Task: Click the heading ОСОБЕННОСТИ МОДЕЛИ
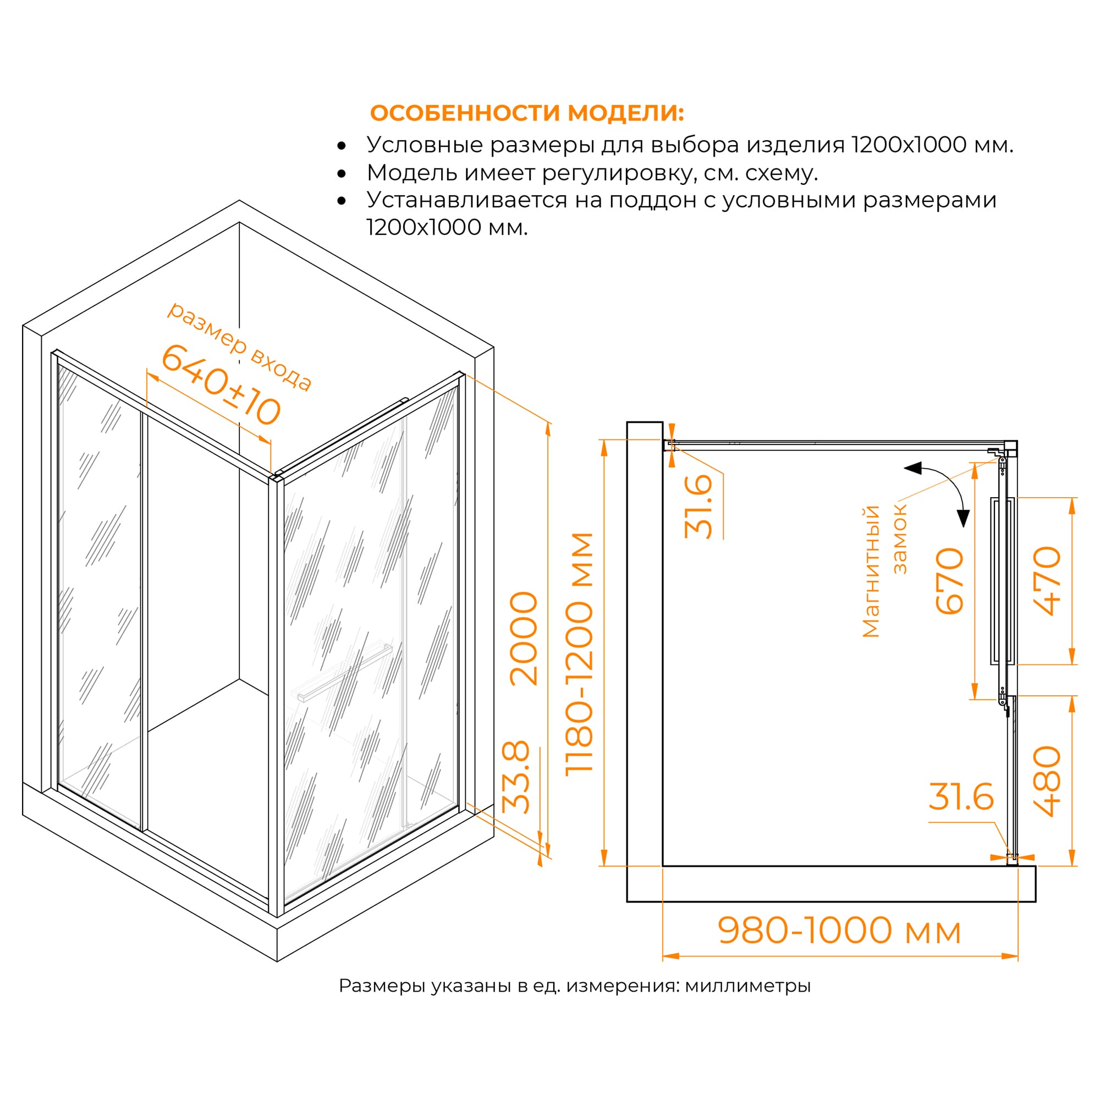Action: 527,113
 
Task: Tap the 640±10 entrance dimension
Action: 221,386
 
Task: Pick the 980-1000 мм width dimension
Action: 839,931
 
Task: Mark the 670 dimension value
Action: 950,581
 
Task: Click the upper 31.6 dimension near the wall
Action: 698,506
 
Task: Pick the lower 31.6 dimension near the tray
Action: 961,796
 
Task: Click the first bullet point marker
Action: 342,146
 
